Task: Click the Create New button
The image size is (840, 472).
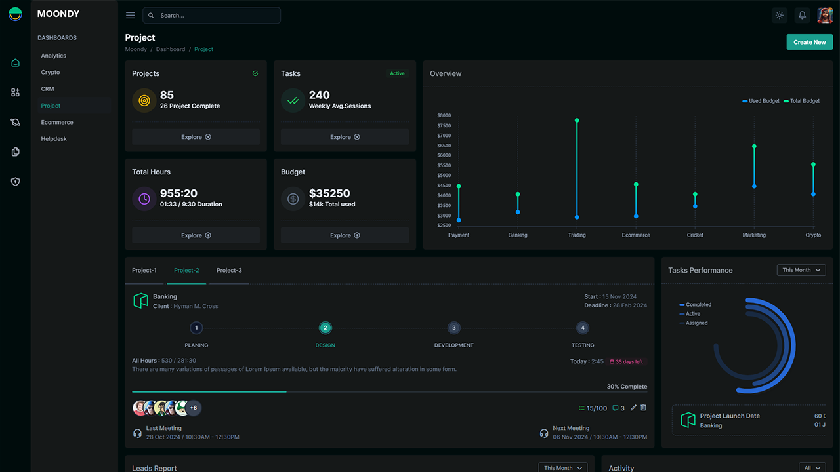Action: [809, 42]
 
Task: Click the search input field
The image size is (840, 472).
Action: [211, 15]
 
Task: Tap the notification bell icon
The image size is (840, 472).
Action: [802, 15]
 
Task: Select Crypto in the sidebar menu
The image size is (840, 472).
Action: [51, 73]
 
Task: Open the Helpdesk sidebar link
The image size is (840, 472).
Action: [54, 139]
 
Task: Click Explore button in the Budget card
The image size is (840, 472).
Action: [345, 235]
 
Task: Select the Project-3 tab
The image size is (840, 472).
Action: [229, 271]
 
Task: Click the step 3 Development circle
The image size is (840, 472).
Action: [453, 328]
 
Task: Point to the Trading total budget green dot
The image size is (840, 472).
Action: [577, 121]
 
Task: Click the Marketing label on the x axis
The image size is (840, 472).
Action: [754, 235]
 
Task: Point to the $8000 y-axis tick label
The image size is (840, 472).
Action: [444, 115]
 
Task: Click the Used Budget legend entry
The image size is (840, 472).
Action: [761, 101]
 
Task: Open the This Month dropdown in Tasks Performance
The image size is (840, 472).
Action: [801, 270]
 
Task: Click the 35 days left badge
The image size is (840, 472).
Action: [627, 361]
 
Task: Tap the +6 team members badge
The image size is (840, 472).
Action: [194, 408]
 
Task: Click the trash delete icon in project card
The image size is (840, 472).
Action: [643, 408]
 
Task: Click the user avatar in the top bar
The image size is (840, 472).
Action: [824, 15]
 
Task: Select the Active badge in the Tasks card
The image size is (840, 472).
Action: [397, 74]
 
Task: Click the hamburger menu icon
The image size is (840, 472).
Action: [131, 15]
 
